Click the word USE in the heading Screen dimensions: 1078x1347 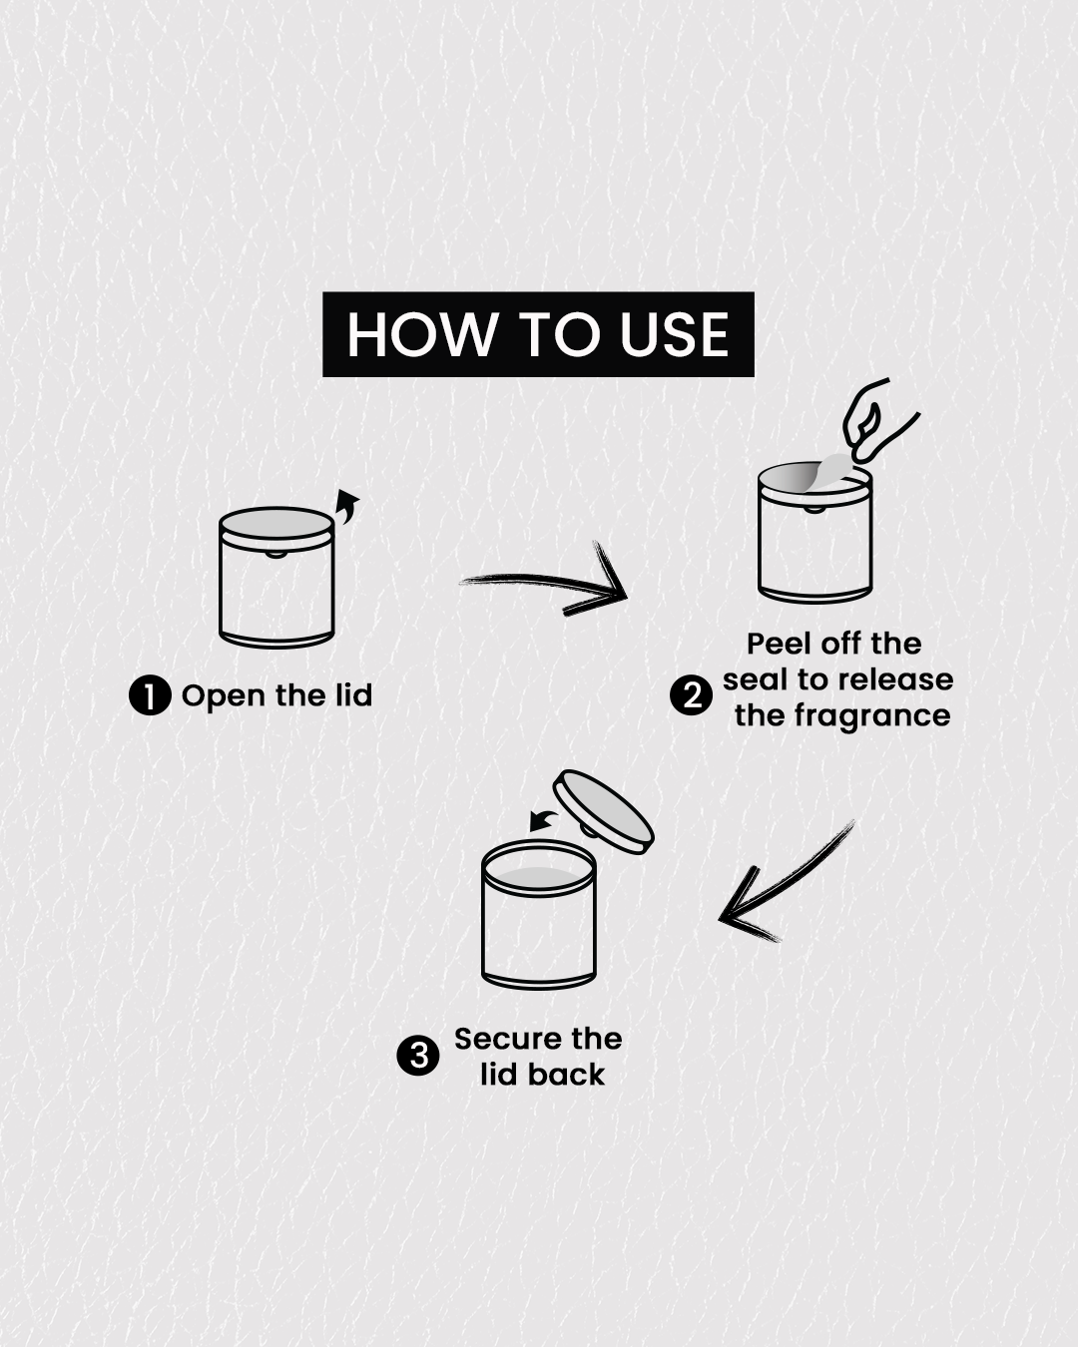point(675,334)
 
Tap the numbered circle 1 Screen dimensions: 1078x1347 point(150,695)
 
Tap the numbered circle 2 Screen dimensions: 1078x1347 point(691,695)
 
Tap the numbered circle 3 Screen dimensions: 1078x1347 point(418,1057)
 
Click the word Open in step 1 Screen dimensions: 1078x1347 point(223,696)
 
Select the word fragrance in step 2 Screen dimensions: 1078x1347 point(872,716)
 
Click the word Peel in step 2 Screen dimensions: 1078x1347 point(779,644)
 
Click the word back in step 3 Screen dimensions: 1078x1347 point(566,1075)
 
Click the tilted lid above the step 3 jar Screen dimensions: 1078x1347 point(604,812)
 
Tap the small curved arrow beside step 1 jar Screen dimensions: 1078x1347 point(347,506)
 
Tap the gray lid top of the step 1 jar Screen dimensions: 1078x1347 point(276,523)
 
